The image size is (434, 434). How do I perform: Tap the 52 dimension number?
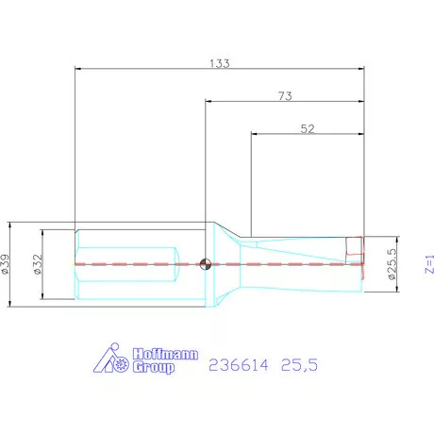click(308, 131)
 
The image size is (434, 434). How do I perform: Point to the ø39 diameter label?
click(8, 265)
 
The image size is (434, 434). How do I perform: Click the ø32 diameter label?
click(39, 265)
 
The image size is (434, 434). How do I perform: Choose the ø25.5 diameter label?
click(389, 264)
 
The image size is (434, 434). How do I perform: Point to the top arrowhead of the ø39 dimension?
click(9, 226)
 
